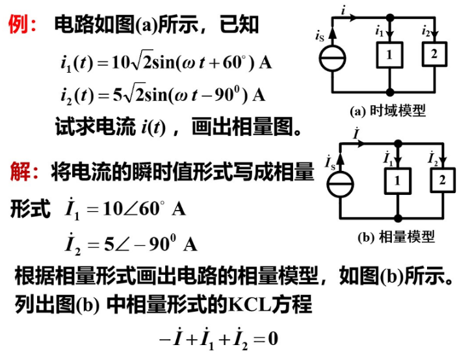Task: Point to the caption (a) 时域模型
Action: click(388, 111)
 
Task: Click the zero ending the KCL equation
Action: click(273, 339)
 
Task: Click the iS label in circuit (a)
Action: click(319, 35)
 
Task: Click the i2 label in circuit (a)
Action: click(426, 31)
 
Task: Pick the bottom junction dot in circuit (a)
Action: click(389, 92)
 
